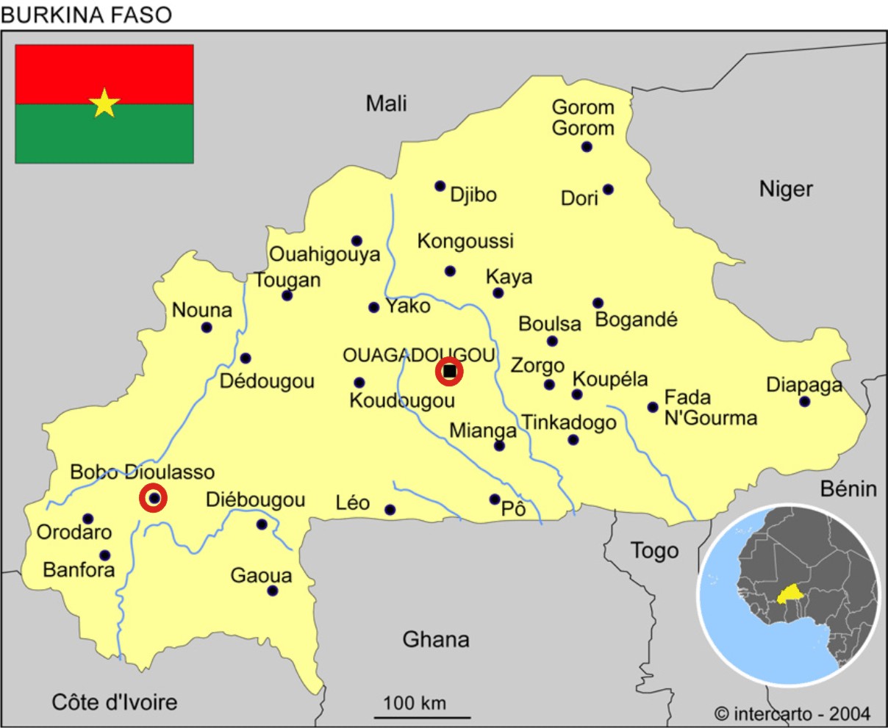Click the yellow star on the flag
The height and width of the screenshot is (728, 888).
pyautogui.click(x=104, y=104)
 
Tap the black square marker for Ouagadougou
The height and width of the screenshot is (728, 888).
pyautogui.click(x=449, y=372)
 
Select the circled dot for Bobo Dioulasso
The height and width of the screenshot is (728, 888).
pyautogui.click(x=154, y=499)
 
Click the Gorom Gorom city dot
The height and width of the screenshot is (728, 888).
pyautogui.click(x=587, y=146)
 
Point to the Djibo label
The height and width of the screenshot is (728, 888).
pyautogui.click(x=473, y=195)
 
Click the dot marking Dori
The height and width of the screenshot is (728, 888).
pyautogui.click(x=608, y=190)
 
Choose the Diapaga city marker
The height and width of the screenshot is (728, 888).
pyautogui.click(x=805, y=402)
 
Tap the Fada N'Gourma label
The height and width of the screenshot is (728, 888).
pyautogui.click(x=709, y=408)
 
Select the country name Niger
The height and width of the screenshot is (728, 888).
pyautogui.click(x=786, y=189)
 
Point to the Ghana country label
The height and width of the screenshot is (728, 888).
pyautogui.click(x=435, y=639)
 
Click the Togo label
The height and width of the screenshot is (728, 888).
pyautogui.click(x=654, y=550)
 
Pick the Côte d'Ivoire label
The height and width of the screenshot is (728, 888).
pyautogui.click(x=115, y=702)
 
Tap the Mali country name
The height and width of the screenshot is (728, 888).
pyautogui.click(x=386, y=104)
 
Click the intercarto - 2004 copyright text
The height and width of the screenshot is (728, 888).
pyautogui.click(x=792, y=713)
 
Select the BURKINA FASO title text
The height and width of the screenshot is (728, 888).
pyautogui.click(x=87, y=15)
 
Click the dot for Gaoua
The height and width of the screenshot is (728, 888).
pyautogui.click(x=273, y=591)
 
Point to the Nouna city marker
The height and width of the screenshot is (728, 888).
pyautogui.click(x=207, y=328)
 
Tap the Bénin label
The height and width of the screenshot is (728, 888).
pyautogui.click(x=848, y=489)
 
